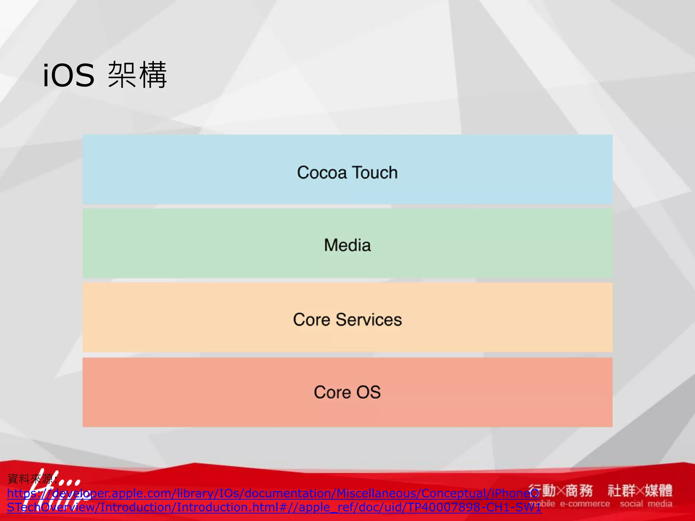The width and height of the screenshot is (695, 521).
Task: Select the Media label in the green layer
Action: [x=347, y=245]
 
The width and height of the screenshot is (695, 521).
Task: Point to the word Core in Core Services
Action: [x=311, y=320]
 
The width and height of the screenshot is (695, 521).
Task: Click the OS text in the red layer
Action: [x=368, y=392]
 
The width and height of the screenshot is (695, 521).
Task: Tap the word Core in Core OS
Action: [x=332, y=392]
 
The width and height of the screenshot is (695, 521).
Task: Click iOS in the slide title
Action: [x=68, y=75]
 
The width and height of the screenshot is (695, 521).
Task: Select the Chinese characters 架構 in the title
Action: [x=137, y=75]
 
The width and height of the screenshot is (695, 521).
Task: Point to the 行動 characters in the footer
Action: [x=542, y=490]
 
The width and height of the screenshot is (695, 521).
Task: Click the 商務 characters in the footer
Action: [x=579, y=490]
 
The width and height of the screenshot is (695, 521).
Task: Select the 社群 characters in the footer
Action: [x=621, y=490]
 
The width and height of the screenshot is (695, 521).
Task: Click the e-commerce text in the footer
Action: [x=584, y=504]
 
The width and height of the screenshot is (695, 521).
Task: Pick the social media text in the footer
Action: [x=646, y=504]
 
